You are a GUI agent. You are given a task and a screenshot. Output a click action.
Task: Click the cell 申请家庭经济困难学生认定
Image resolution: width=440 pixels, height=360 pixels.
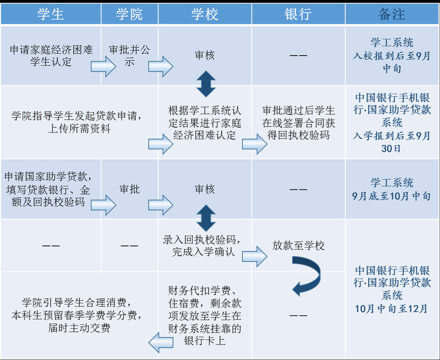(x=51, y=55)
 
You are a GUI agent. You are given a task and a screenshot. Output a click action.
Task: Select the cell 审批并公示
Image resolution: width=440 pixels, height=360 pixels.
(x=129, y=55)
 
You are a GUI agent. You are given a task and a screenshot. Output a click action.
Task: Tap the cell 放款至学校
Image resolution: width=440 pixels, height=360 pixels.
(x=298, y=246)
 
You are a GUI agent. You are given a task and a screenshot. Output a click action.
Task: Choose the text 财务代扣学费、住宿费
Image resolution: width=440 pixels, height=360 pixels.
(x=204, y=297)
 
